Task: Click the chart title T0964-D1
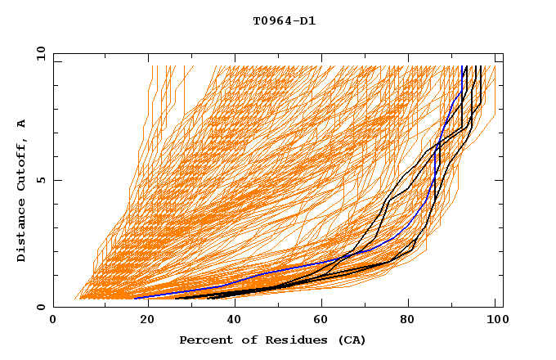pyautogui.click(x=284, y=21)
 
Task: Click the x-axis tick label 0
pyautogui.click(x=53, y=320)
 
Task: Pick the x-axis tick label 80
pyautogui.click(x=408, y=320)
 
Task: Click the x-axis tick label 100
pyautogui.click(x=496, y=320)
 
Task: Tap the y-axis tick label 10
pyautogui.click(x=39, y=53)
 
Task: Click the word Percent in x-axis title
pyautogui.click(x=204, y=340)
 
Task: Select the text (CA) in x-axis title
pyautogui.click(x=351, y=340)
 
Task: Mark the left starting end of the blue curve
pyautogui.click(x=135, y=298)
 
